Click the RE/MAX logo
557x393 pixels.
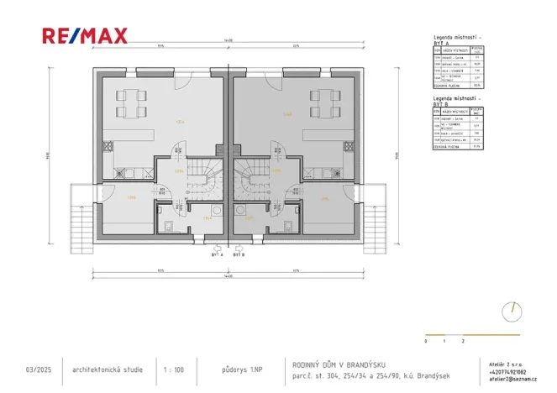[x=85, y=35]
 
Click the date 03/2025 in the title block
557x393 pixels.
[x=39, y=369]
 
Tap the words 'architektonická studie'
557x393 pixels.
[x=108, y=369]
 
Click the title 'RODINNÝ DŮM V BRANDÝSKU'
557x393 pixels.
[x=339, y=364]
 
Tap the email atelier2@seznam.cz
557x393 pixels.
[x=512, y=378]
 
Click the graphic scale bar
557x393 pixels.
[x=444, y=336]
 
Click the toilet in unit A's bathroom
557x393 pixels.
[x=168, y=224]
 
